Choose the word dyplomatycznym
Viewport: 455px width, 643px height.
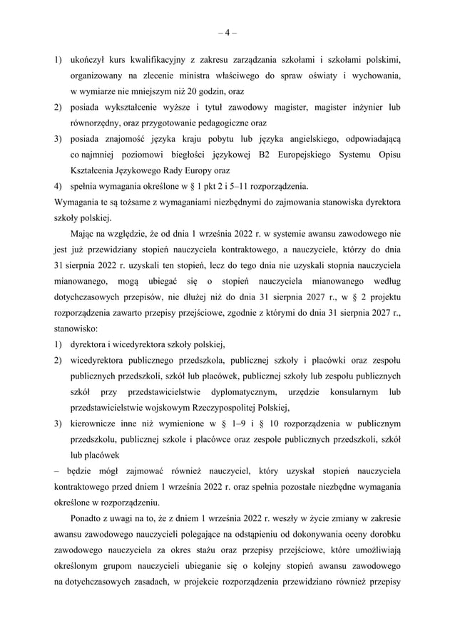click(x=240, y=393)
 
